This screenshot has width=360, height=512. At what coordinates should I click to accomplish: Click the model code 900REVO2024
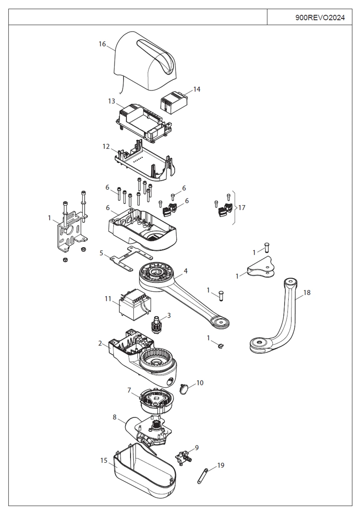320,17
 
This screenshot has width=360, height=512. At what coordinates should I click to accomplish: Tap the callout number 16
102,44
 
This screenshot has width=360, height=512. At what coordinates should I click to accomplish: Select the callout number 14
196,89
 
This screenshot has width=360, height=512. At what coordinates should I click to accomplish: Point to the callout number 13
112,101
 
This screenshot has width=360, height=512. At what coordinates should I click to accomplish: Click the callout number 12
106,146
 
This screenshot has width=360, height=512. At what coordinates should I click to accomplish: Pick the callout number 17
242,208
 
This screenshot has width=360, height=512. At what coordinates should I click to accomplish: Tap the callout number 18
306,292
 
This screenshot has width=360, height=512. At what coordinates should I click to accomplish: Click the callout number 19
221,465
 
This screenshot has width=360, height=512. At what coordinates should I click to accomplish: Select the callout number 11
108,299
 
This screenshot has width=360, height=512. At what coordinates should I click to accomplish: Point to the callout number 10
200,383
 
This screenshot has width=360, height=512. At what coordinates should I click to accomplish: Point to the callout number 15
104,460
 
